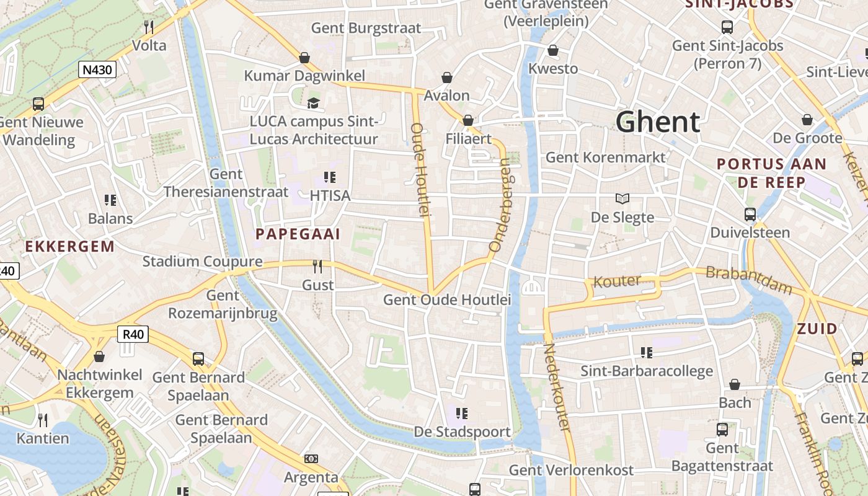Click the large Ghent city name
pos(658,122)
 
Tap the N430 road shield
pos(97,69)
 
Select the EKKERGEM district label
pos(70,246)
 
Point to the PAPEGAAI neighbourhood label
pos(298,234)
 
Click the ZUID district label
pos(817,329)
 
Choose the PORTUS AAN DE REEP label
pos(771,173)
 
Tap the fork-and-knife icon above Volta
pos(149,27)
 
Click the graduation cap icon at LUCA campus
pos(313,102)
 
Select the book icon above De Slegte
pos(622,198)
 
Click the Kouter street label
pos(617,281)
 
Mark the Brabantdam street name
pos(749,280)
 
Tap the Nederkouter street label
pos(556,387)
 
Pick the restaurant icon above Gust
pos(317,267)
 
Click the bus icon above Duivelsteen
pos(750,215)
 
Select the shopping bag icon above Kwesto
pos(552,50)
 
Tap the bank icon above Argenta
pos(311,459)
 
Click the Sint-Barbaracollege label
pos(647,371)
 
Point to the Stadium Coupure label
pos(202,261)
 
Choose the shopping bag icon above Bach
pos(735,384)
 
